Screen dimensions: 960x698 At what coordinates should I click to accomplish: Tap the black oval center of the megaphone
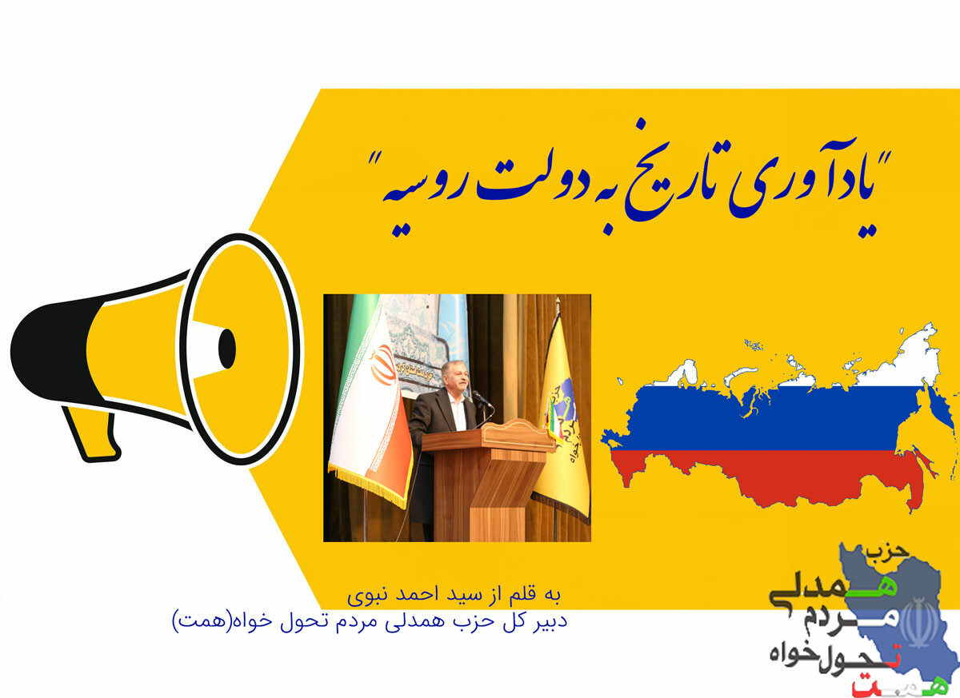click(x=226, y=348)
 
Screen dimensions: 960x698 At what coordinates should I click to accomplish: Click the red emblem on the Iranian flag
click(x=381, y=364)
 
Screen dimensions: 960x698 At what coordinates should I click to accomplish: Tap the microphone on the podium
click(x=482, y=399)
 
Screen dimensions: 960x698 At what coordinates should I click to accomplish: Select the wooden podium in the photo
click(x=488, y=480)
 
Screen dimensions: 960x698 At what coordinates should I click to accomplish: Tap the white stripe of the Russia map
click(x=814, y=373)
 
